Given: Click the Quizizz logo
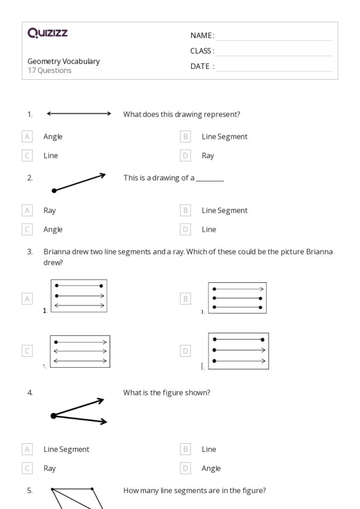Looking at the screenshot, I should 48,34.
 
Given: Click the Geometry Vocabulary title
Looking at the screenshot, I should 64,61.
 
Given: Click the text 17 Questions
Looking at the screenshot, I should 49,70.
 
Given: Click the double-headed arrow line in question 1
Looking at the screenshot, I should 79,114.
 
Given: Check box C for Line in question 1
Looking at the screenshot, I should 27,156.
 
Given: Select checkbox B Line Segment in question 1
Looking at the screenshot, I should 186,137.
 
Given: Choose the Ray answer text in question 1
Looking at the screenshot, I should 208,156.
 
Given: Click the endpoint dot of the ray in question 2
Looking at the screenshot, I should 54,191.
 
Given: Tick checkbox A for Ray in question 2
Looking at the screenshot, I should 27,210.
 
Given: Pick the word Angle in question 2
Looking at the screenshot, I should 53,229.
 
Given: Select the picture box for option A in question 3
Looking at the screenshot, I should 79,296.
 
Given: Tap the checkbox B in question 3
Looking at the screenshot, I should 186,298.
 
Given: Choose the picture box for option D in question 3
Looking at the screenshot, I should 238,351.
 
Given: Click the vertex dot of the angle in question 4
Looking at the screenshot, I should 53,415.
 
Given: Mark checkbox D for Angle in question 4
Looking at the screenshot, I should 186,468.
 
